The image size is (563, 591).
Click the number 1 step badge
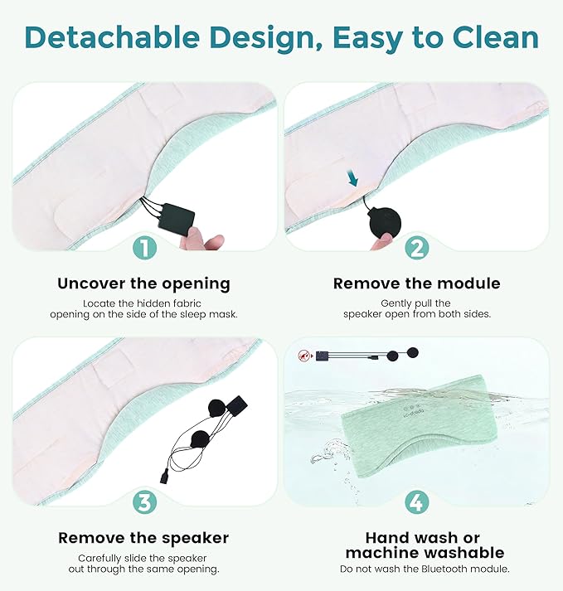pos(144,248)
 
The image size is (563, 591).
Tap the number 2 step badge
pos(417,248)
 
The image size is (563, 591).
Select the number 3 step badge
pos(144,502)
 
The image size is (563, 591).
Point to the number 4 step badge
pos(417,502)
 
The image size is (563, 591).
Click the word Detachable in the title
pos(112,37)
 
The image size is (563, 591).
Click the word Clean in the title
pos(496,37)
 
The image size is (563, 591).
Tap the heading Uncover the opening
pos(143,283)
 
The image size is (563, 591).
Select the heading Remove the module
pos(417,283)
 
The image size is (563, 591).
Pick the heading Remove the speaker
pos(143,538)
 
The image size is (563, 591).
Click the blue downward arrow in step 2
pos(353,178)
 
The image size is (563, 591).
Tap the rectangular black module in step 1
pos(176,220)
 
